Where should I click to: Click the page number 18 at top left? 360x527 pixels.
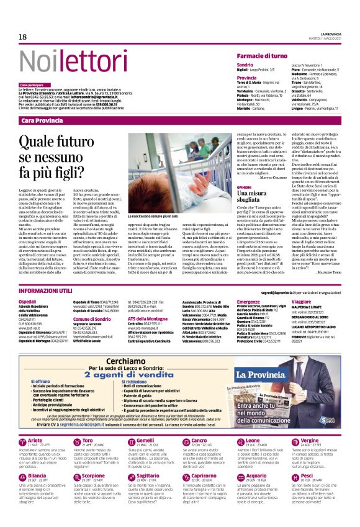pyautogui.click(x=22, y=37)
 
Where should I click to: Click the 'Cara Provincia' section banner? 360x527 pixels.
pyautogui.click(x=42, y=120)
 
